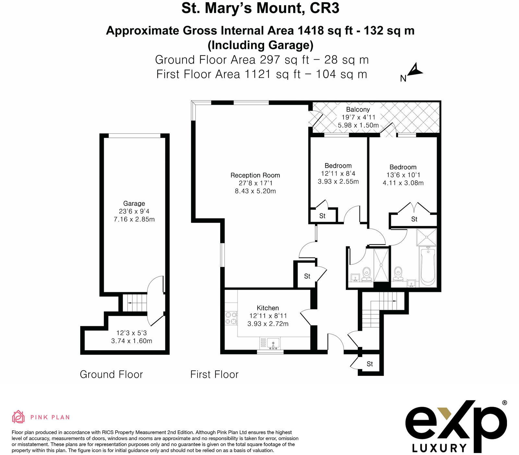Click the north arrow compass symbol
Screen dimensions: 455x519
pos(414,71)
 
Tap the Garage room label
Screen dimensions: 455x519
pos(134,203)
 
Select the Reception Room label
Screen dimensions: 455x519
pos(255,175)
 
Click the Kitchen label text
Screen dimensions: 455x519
pos(268,308)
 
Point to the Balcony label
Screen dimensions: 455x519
pos(358,109)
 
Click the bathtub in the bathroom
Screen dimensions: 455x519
pos(428,267)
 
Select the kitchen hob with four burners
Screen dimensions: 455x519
pos(231,318)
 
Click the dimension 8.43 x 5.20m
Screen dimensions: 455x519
pos(255,191)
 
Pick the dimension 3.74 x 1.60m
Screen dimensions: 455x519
pos(131,341)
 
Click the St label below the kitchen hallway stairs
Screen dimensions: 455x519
pos(370,364)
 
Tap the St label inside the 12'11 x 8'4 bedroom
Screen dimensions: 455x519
pos(322,216)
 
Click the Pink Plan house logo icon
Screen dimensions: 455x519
pos(18,417)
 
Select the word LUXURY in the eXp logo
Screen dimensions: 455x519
pos(439,448)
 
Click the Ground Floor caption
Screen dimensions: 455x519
pos(111,374)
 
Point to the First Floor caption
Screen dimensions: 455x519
pos(214,374)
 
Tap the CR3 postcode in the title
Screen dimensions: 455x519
pos(324,8)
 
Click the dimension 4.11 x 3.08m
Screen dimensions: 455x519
pos(403,183)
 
